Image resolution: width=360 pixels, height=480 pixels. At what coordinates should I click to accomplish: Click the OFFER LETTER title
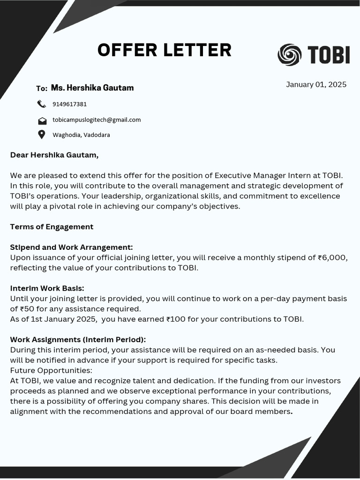(x=164, y=50)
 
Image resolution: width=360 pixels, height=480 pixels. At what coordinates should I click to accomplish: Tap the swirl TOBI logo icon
(x=289, y=55)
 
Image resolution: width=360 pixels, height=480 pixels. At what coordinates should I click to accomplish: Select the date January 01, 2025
(x=316, y=84)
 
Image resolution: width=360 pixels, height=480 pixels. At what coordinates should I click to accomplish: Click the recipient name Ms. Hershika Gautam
(x=92, y=88)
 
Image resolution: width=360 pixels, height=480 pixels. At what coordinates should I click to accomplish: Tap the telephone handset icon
(x=42, y=104)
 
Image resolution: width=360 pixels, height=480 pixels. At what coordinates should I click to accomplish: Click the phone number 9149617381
(x=69, y=104)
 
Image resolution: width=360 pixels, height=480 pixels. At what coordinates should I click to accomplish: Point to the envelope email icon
(x=42, y=120)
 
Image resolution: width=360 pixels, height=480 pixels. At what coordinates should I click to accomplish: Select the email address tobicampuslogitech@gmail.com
(x=97, y=120)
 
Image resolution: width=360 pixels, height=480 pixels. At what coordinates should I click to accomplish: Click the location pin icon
(x=42, y=135)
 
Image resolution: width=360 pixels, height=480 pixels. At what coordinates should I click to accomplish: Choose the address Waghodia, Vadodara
(x=81, y=135)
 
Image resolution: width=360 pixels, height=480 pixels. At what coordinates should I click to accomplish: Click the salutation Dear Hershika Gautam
(x=54, y=155)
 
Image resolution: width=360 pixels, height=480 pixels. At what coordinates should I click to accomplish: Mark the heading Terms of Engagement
(x=52, y=227)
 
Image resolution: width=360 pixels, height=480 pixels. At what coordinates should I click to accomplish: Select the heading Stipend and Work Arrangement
(x=71, y=247)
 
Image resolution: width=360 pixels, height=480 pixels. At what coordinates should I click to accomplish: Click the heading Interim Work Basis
(x=47, y=288)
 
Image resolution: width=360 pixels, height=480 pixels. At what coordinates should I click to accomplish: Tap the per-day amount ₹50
(x=29, y=309)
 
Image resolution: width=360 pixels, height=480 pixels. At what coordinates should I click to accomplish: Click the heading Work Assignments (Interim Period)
(x=78, y=339)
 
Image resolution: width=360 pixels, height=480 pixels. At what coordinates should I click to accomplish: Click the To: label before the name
(x=42, y=89)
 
